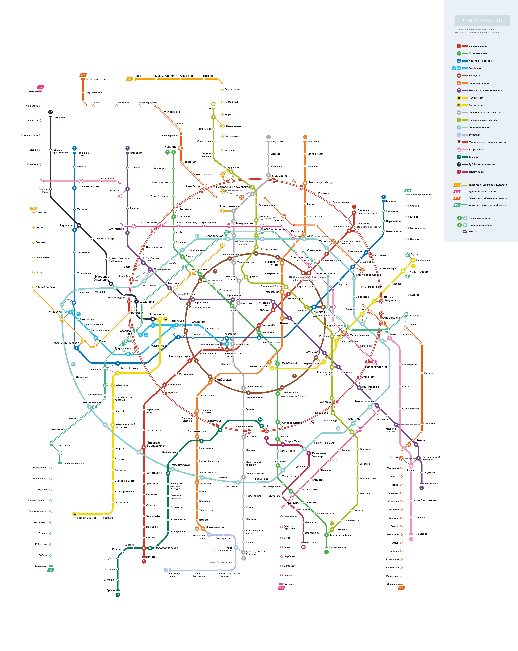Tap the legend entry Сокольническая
(478, 46)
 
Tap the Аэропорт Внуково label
(86, 518)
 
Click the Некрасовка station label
(420, 534)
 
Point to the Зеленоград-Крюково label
(98, 79)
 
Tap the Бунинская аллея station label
(175, 575)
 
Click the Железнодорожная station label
(420, 195)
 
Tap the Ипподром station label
(393, 584)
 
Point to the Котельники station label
(431, 483)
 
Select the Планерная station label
(136, 153)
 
